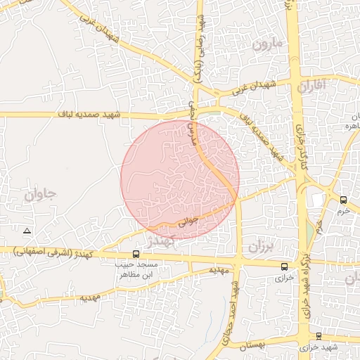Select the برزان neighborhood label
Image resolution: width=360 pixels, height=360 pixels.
click(259, 247)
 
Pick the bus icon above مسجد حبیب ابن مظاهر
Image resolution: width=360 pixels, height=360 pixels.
click(136, 254)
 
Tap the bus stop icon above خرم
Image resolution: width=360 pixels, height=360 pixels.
click(343, 200)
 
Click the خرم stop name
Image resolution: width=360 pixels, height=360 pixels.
click(343, 210)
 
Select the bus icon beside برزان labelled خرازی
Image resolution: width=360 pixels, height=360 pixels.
click(284, 266)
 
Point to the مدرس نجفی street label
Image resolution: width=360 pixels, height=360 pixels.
click(191, 122)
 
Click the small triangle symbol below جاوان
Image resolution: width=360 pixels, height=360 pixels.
click(27, 231)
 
